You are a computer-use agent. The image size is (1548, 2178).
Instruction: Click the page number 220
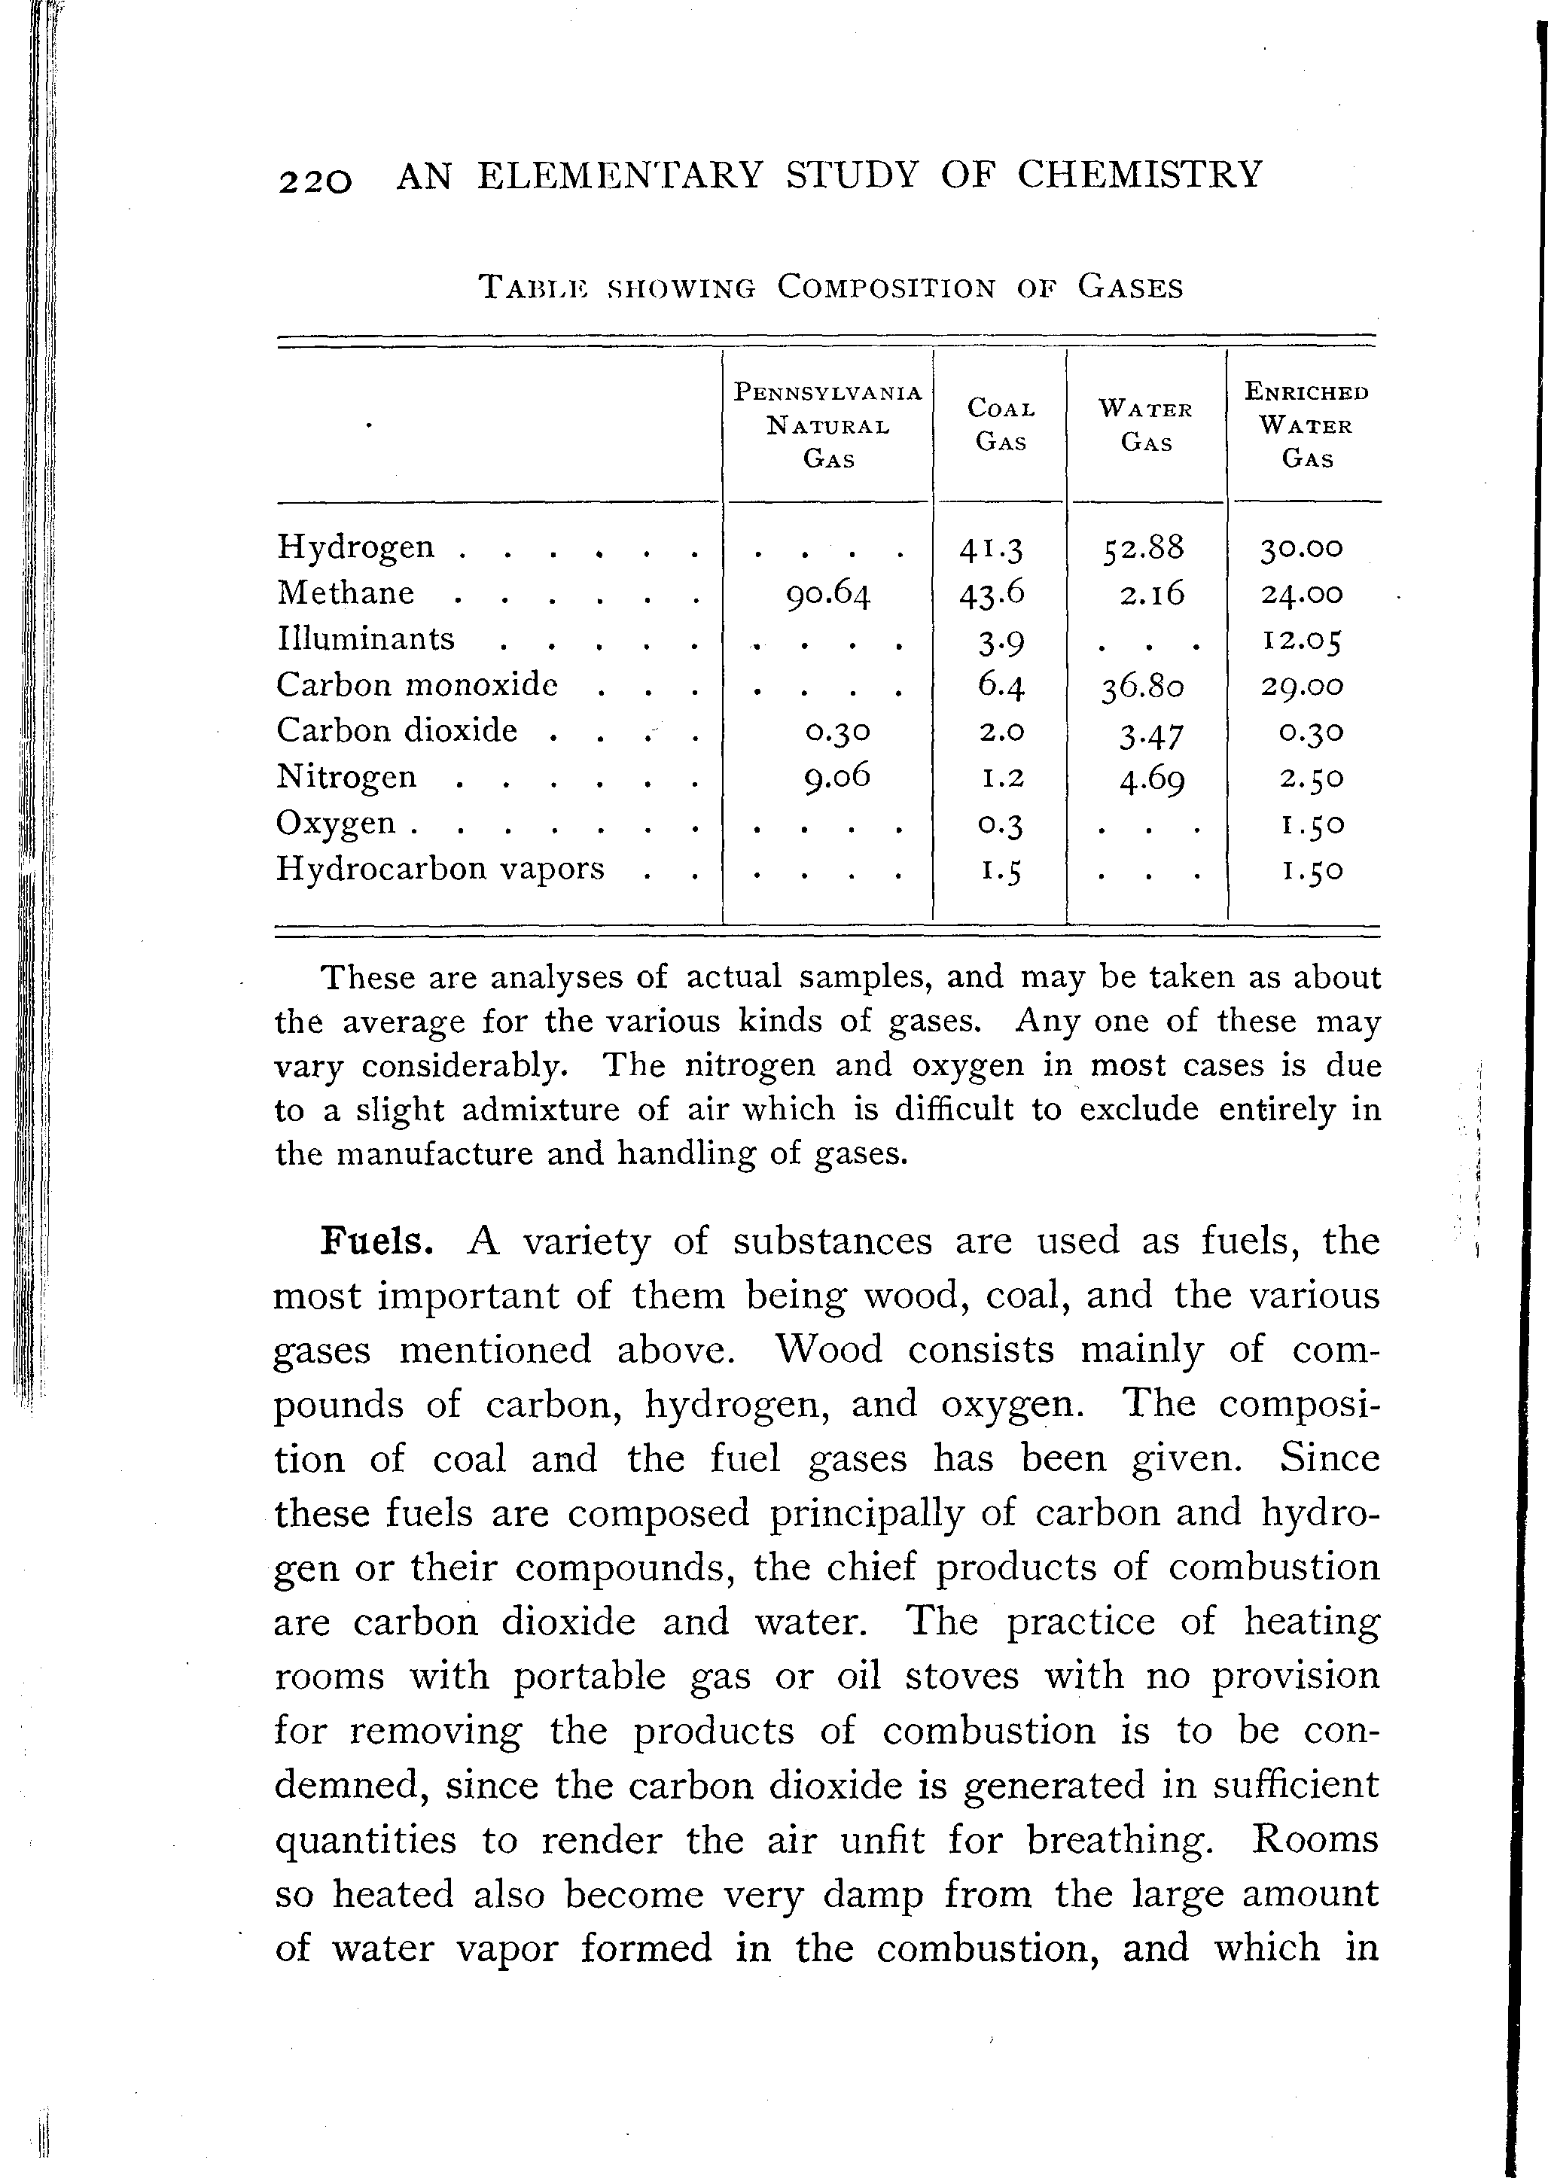(315, 179)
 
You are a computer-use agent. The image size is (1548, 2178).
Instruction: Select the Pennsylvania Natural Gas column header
(827, 425)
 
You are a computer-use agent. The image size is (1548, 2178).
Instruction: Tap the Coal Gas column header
(1001, 425)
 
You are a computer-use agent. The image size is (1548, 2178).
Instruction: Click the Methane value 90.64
(828, 594)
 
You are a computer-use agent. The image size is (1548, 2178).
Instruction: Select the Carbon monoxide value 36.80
(1144, 687)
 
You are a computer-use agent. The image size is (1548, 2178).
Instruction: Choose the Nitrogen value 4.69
(1151, 780)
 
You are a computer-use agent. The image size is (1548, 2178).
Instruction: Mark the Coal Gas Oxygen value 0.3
(1001, 824)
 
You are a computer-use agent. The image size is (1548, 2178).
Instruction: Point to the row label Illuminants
(366, 638)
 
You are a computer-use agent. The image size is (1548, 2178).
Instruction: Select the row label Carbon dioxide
(397, 731)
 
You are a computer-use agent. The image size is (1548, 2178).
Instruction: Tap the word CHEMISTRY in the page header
(1139, 175)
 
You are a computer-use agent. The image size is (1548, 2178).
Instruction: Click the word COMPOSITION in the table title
(885, 287)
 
